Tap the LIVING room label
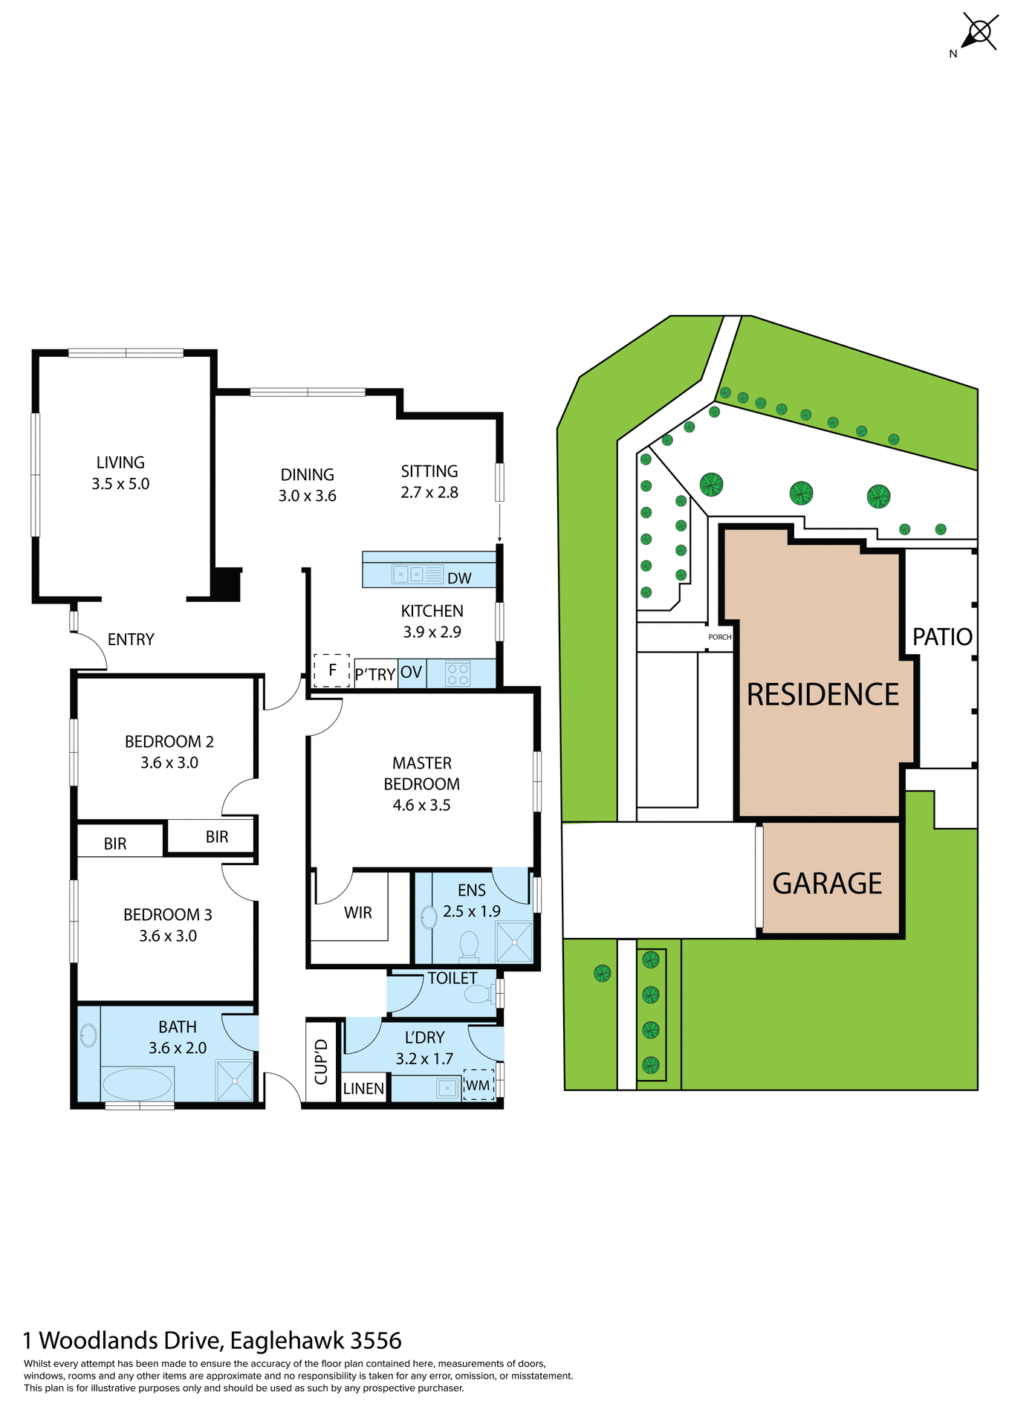pyautogui.click(x=120, y=463)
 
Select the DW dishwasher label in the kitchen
pyautogui.click(x=459, y=578)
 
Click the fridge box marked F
pyautogui.click(x=332, y=670)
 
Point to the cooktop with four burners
pyautogui.click(x=458, y=673)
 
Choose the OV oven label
pyautogui.click(x=411, y=673)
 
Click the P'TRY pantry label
pyautogui.click(x=375, y=674)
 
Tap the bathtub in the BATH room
pyautogui.click(x=137, y=1084)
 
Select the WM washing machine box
pyautogui.click(x=478, y=1085)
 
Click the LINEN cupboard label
pyautogui.click(x=363, y=1089)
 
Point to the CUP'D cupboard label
pyautogui.click(x=321, y=1061)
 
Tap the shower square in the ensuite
pyautogui.click(x=514, y=942)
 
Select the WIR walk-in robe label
pyautogui.click(x=357, y=913)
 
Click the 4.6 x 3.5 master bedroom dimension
pyautogui.click(x=421, y=805)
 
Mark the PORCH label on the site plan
pyautogui.click(x=719, y=637)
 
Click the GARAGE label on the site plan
pyautogui.click(x=827, y=884)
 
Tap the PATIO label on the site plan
pyautogui.click(x=942, y=637)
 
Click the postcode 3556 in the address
pyautogui.click(x=375, y=1340)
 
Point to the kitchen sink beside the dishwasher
pyautogui.click(x=408, y=575)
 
